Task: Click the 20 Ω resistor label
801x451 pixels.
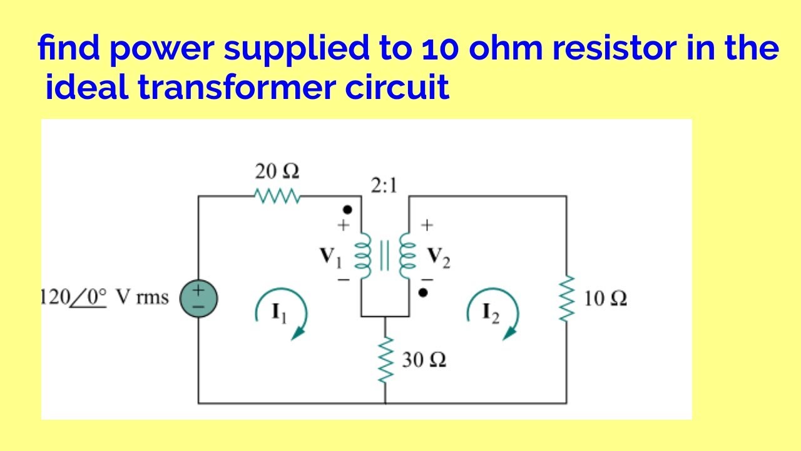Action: (277, 171)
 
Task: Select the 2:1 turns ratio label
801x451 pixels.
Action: (384, 185)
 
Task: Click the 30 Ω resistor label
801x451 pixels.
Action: (424, 361)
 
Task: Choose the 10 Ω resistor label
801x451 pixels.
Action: (605, 299)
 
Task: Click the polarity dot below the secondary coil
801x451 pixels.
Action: (424, 292)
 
